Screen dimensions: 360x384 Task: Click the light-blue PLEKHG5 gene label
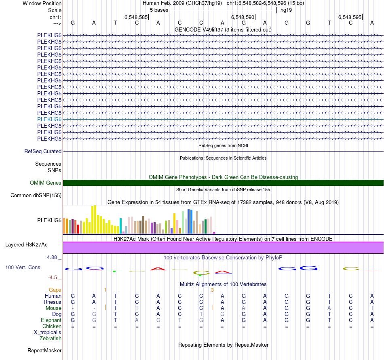[49, 119]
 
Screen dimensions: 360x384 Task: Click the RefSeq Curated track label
[43, 151]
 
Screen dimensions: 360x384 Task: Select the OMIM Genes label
[46, 183]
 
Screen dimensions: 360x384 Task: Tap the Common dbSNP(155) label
[36, 196]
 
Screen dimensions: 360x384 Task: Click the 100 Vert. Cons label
[23, 267]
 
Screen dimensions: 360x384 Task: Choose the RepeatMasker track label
[44, 350]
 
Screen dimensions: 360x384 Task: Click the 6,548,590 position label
[243, 17]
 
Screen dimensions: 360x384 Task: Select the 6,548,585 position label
[136, 17]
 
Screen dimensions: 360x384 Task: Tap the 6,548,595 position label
[350, 17]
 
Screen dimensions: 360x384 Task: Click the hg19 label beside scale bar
[286, 10]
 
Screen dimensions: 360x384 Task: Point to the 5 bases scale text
[159, 10]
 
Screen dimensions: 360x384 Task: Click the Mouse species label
[53, 308]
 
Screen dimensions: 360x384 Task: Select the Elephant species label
[51, 320]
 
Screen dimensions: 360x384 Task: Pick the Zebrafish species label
[51, 338]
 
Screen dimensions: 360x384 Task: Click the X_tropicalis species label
[48, 332]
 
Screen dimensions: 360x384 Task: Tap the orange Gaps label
[55, 290]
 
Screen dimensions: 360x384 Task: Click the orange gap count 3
[212, 290]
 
